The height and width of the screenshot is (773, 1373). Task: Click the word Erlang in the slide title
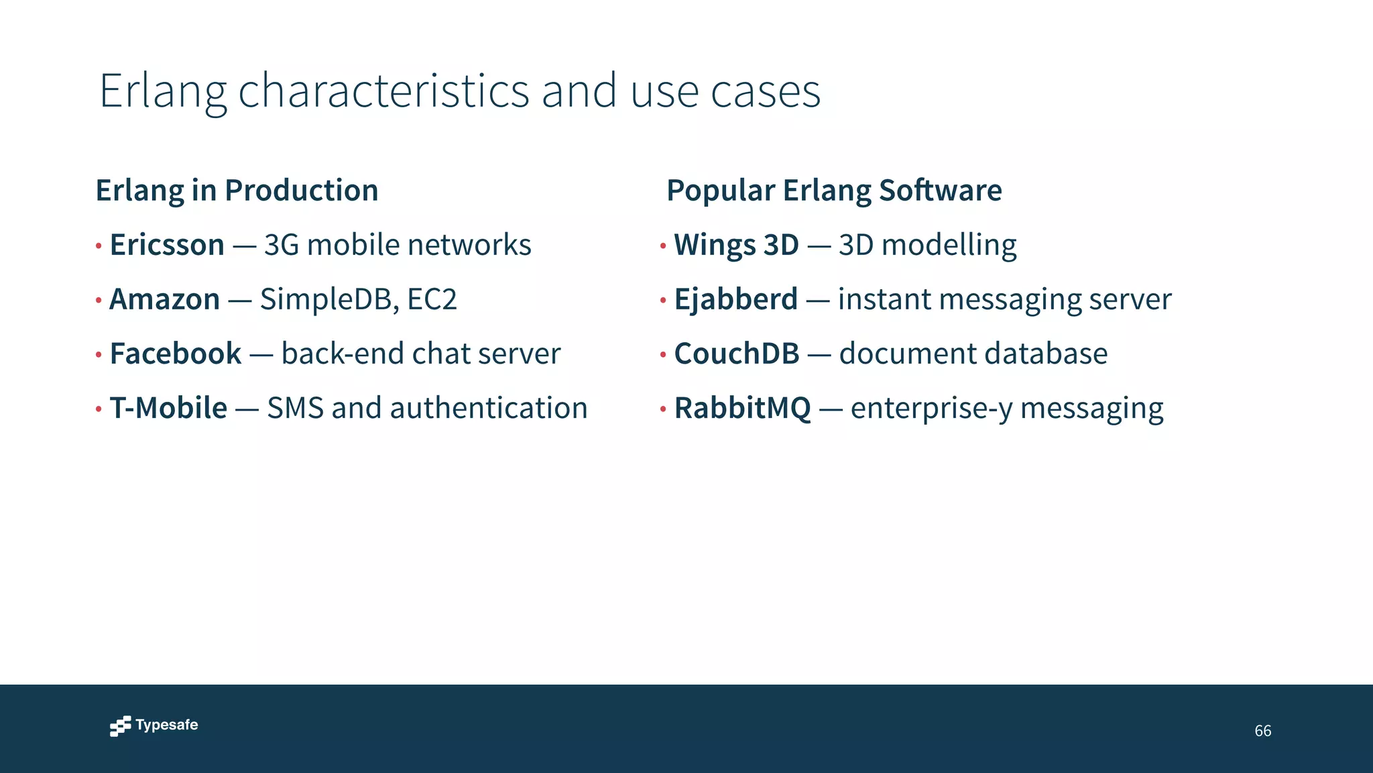pos(163,91)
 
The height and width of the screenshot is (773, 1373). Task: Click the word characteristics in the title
pos(383,91)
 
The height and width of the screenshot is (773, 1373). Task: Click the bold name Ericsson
pos(167,245)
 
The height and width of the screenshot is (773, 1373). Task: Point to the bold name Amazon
pos(164,299)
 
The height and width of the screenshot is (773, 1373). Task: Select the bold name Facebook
pos(176,354)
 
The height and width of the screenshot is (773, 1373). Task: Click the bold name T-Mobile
pos(168,408)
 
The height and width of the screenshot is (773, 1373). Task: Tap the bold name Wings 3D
pos(736,245)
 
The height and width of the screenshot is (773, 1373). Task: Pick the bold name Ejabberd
pos(735,299)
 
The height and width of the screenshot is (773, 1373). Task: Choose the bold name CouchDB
pos(736,354)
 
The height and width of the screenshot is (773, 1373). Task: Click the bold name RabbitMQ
pos(742,408)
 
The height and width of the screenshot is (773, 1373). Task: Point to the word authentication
pos(489,408)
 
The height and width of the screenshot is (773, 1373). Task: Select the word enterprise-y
pos(931,408)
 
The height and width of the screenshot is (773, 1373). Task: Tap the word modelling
pos(949,245)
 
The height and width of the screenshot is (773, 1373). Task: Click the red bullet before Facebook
pos(99,354)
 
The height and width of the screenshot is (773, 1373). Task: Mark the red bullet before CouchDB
pos(662,354)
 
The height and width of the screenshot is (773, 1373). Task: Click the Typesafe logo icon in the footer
pos(120,726)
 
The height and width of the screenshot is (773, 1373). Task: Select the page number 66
pos(1262,731)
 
